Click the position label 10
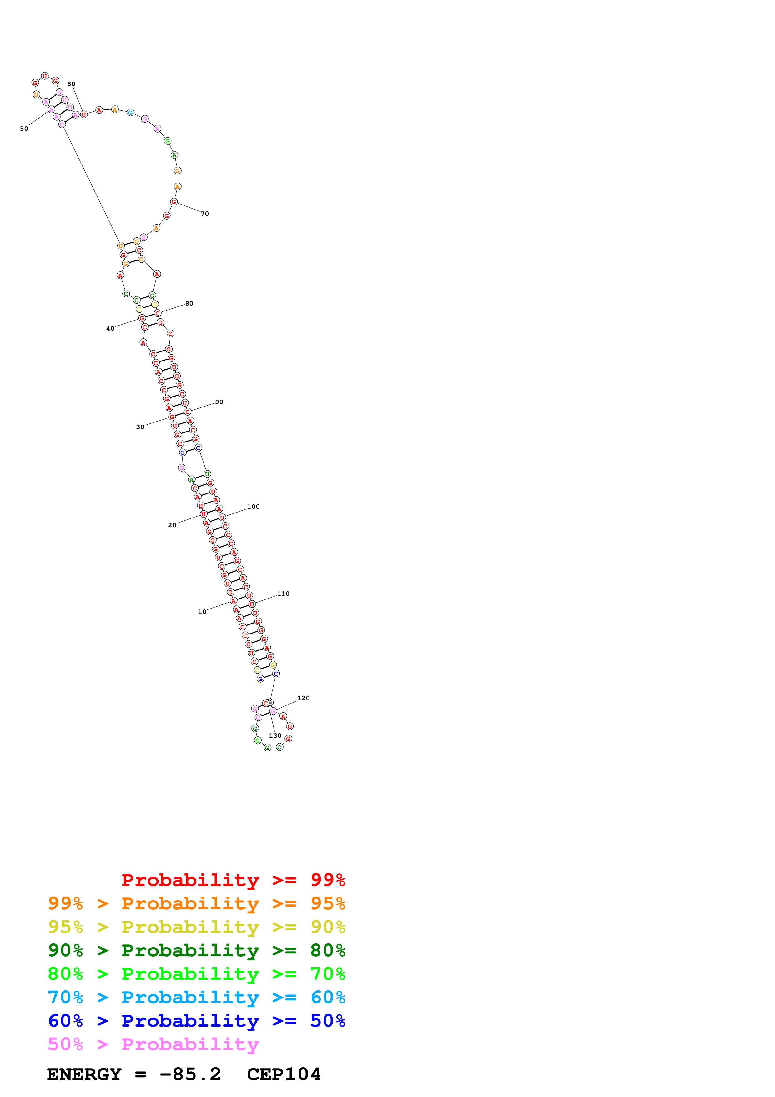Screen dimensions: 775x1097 click(202, 612)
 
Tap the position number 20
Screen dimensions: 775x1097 click(172, 525)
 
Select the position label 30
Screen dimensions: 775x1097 click(140, 427)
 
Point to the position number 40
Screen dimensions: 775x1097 click(110, 329)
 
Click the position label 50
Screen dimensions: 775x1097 click(24, 129)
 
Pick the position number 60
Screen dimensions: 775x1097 click(71, 84)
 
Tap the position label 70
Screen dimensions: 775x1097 click(205, 214)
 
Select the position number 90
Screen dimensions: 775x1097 click(219, 402)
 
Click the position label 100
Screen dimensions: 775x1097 click(254, 507)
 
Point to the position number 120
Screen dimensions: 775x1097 click(303, 698)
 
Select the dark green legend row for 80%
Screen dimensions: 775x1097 click(196, 950)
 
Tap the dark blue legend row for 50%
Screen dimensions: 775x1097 click(196, 1021)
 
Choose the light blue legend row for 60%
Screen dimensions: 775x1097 click(196, 997)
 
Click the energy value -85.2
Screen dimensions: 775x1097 click(190, 1074)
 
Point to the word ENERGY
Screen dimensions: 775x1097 click(84, 1074)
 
